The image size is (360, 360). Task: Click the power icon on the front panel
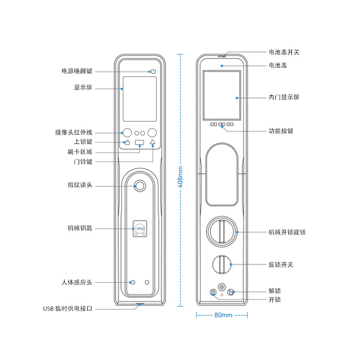tap(153, 72)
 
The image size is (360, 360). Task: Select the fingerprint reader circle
tap(140, 185)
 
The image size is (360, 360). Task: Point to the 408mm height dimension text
tap(180, 177)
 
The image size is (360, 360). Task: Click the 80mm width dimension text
tap(223, 315)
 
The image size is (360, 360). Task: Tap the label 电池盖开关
tap(283, 52)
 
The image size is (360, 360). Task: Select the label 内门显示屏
tap(283, 97)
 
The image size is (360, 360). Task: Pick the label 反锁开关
tap(281, 265)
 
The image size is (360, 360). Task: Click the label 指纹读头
tap(80, 185)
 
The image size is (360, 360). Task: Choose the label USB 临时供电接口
tap(67, 309)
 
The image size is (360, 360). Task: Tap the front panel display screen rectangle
tap(139, 99)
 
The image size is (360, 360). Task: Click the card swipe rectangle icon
tap(139, 143)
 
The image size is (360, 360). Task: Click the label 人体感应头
tap(76, 283)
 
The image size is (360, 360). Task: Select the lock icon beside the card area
tap(127, 143)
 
